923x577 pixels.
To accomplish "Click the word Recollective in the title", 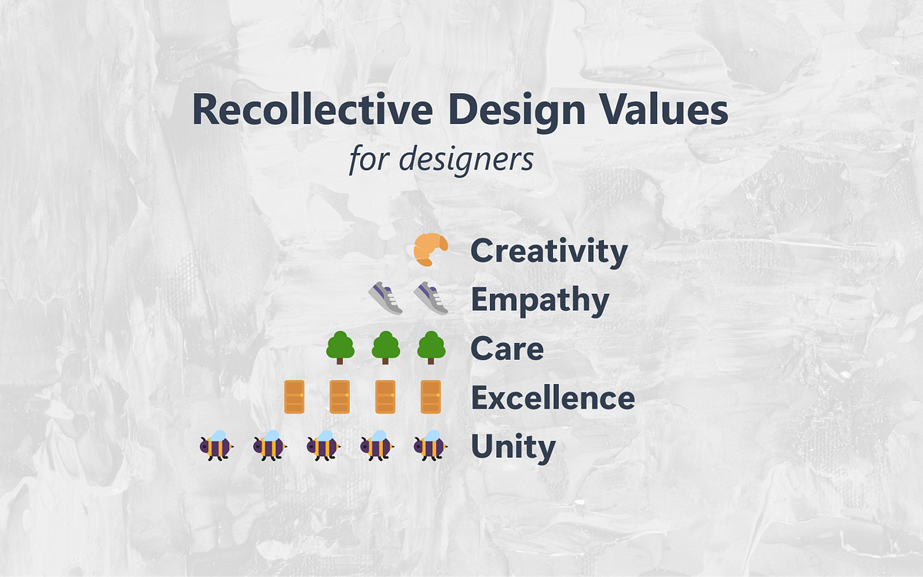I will pyautogui.click(x=312, y=110).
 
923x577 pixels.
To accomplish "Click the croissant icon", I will pyautogui.click(x=431, y=250).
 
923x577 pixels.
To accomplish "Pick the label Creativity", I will pyautogui.click(x=549, y=252).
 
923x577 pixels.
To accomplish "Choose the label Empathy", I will pyautogui.click(x=540, y=301).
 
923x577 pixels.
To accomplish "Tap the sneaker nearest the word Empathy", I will pyautogui.click(x=431, y=298).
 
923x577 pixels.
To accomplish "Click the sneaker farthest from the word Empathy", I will pyautogui.click(x=385, y=298).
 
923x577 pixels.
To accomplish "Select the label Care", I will pyautogui.click(x=507, y=349).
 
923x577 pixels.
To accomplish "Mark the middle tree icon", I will pyautogui.click(x=385, y=348).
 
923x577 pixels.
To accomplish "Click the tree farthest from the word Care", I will pyautogui.click(x=340, y=348).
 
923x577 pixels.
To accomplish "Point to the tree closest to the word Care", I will pyautogui.click(x=431, y=348).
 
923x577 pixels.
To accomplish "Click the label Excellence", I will pyautogui.click(x=552, y=399).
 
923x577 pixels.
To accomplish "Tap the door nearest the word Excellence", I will pyautogui.click(x=431, y=397).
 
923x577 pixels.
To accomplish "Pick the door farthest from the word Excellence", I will pyautogui.click(x=295, y=397).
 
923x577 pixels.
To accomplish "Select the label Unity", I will pyautogui.click(x=513, y=447).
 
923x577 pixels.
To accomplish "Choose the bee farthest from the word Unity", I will pyautogui.click(x=216, y=445).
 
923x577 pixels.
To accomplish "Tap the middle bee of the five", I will pyautogui.click(x=324, y=445).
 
